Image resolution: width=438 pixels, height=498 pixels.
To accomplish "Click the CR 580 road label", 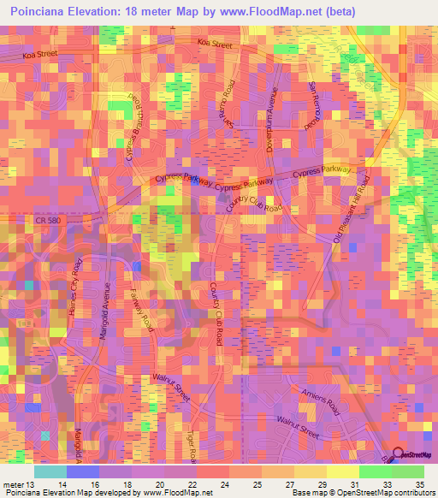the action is tap(49, 220).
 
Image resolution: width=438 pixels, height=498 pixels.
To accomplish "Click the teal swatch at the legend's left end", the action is tap(50, 471).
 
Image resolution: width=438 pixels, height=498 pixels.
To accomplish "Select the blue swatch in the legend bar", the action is tap(82, 471).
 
